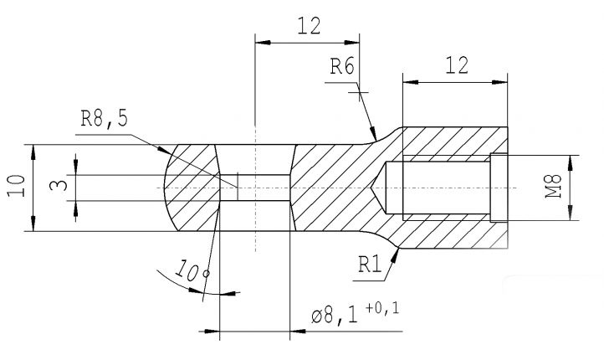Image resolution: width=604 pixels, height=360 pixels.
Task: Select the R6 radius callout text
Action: [343, 68]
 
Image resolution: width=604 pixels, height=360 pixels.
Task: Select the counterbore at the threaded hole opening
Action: [499, 188]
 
